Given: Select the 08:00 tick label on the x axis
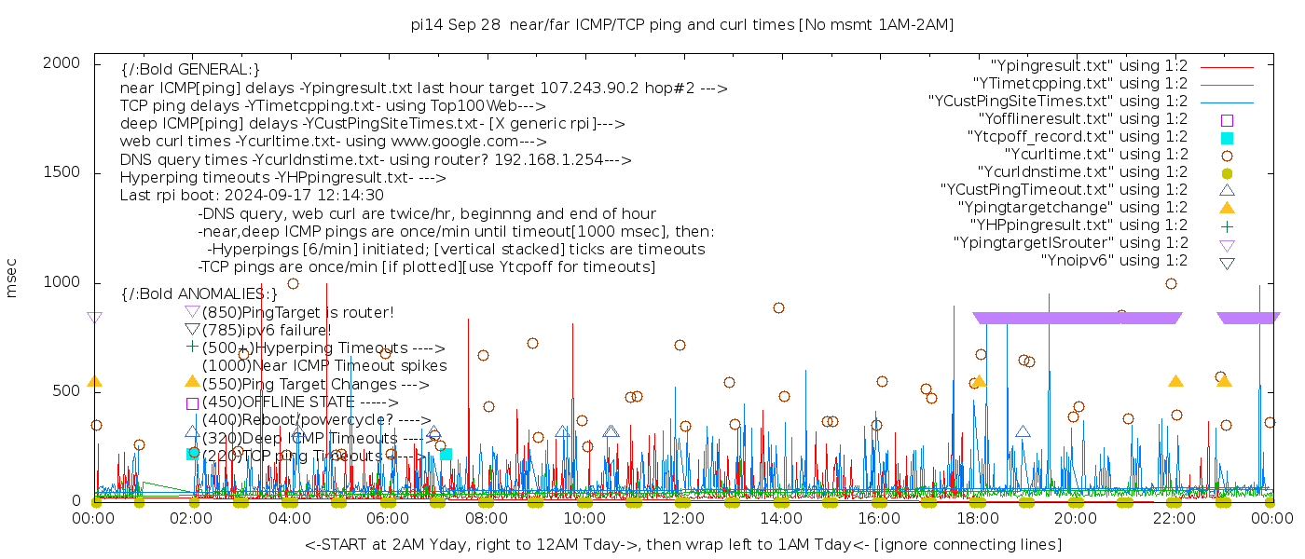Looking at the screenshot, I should (x=487, y=518).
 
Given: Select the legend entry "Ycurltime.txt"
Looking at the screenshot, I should (x=1095, y=155).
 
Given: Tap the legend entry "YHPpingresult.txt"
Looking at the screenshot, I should (x=1078, y=225).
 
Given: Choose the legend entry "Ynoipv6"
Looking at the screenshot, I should (x=1114, y=261).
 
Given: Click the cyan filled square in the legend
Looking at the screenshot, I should (x=1227, y=138).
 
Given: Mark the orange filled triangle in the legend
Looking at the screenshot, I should (x=1227, y=208).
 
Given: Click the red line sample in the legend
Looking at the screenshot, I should (x=1227, y=67).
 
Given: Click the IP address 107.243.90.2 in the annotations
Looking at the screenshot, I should (x=589, y=89).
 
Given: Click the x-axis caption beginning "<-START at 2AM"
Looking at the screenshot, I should (x=682, y=544).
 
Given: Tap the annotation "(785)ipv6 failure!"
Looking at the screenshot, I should (x=266, y=331).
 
